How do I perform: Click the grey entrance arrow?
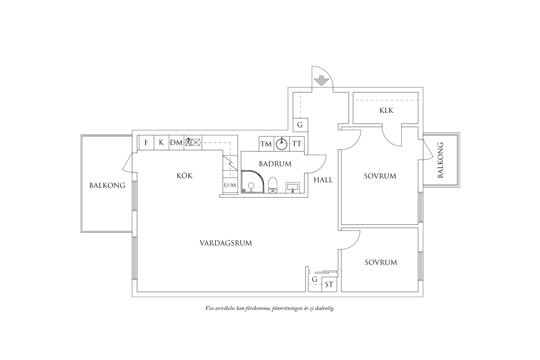(322, 81)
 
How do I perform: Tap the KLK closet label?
(386, 110)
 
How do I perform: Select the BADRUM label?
(275, 164)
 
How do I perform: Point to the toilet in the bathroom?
(273, 185)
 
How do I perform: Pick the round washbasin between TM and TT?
(282, 143)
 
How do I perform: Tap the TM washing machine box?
(267, 143)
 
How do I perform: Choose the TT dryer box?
(297, 143)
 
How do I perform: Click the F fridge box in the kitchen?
(146, 143)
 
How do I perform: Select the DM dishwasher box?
(176, 143)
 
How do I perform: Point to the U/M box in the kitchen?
(230, 185)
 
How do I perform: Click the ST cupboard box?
(329, 284)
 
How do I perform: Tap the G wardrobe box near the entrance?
(300, 125)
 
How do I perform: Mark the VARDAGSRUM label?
(226, 243)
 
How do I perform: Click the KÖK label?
(184, 176)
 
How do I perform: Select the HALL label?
(323, 180)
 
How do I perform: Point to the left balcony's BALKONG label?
(107, 185)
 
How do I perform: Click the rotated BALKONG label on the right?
(440, 160)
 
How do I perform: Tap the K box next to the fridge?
(161, 143)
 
